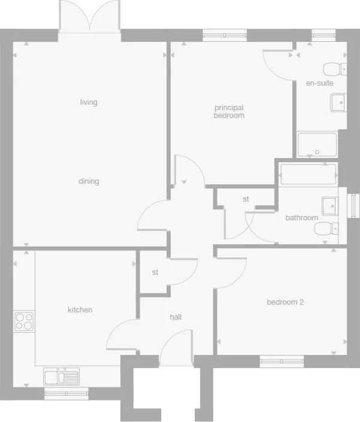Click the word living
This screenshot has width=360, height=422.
point(89,102)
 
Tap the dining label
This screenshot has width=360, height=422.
point(89,181)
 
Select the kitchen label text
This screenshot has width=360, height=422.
point(80,310)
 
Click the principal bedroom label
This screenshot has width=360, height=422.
point(229,111)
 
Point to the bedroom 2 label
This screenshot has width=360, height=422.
point(285,302)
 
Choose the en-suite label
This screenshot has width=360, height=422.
point(319,83)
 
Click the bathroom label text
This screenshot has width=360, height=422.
point(301,217)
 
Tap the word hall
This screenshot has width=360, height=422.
point(176,317)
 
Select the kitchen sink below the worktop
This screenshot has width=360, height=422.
point(62,377)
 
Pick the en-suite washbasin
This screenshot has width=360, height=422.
point(338,103)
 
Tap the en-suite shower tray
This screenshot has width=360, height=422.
point(317,145)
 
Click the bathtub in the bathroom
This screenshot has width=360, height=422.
point(308,174)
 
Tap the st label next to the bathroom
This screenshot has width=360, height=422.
point(246,199)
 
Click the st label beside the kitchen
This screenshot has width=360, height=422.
point(155,272)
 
